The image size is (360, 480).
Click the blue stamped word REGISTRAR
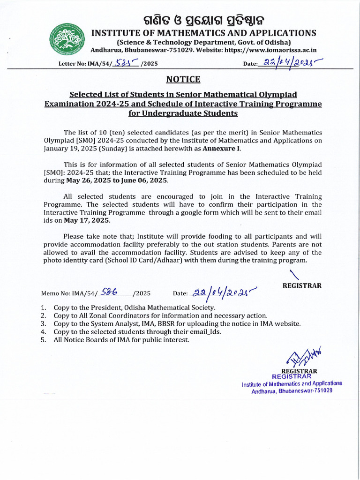point(292,376)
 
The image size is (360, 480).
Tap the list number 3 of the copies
point(43,323)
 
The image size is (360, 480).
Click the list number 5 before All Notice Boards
point(43,339)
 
